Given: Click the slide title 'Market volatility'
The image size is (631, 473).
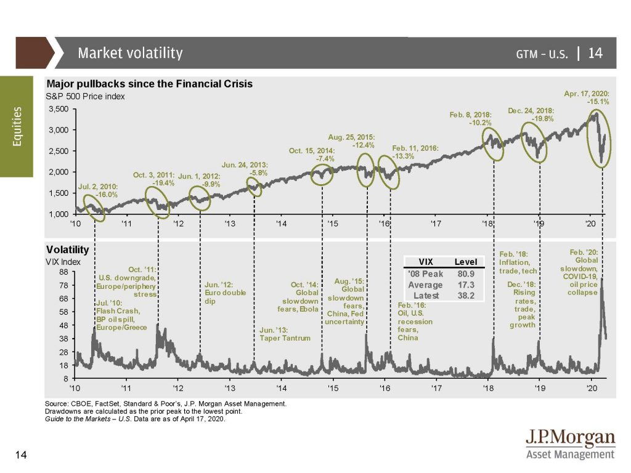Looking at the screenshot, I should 130,54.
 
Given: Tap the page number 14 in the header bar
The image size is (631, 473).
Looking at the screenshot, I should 595,54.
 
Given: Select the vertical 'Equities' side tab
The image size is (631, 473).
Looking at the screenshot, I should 17,126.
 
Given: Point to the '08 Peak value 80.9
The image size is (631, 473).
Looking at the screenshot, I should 466,273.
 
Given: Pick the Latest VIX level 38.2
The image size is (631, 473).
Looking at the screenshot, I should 466,296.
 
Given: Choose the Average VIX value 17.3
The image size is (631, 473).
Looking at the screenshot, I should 466,285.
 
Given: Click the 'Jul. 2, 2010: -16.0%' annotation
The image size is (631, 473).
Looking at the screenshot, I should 94,190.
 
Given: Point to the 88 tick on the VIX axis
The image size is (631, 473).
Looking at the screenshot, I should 63,272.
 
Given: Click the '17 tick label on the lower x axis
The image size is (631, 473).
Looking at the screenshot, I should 436,389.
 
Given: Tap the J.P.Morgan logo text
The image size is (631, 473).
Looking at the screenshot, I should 570,439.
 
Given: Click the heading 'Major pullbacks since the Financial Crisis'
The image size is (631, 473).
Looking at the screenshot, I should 150,84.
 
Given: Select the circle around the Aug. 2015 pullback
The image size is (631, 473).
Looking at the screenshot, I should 366,169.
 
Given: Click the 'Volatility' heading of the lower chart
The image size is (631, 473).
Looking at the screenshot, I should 68,250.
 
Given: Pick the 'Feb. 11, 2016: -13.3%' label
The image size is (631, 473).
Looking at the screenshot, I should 415,152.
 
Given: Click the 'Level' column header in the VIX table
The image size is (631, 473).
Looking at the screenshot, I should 465,262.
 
